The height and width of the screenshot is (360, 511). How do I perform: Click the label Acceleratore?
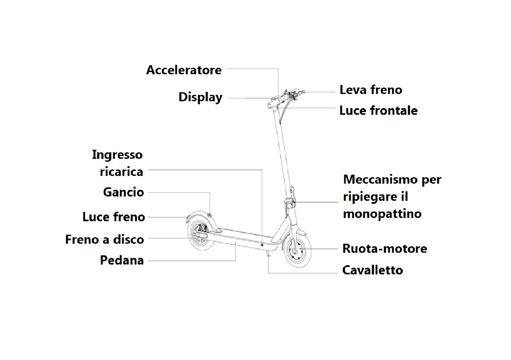[x=184, y=70]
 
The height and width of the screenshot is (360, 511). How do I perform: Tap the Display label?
[x=200, y=97]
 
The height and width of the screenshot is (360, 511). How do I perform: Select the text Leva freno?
[x=371, y=90]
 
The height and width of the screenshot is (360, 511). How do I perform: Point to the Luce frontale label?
[x=378, y=111]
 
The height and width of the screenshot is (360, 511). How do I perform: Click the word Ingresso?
[x=117, y=154]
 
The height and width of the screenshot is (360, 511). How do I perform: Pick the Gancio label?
[x=124, y=192]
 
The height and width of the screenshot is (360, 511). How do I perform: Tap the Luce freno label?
[x=114, y=217]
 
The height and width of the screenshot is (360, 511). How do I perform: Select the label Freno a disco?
[x=104, y=239]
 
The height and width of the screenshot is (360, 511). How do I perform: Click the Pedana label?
[x=122, y=260]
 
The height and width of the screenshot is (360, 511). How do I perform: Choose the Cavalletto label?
[x=372, y=270]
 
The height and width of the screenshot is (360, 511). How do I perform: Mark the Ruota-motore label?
[x=384, y=248]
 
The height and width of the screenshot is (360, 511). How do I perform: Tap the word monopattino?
[x=382, y=214]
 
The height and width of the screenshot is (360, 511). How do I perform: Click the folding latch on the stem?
[x=290, y=202]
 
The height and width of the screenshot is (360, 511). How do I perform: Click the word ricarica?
[x=121, y=172]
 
